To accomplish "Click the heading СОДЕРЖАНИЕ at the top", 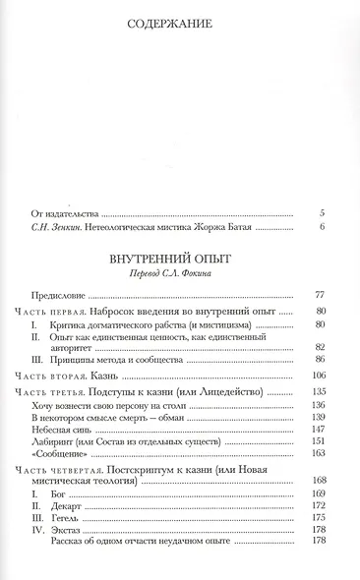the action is (180, 24).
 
